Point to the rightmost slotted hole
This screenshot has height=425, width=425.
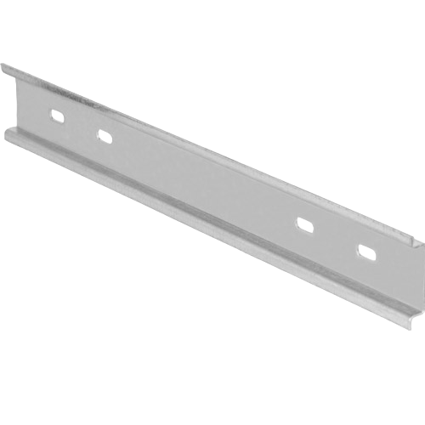point(364,252)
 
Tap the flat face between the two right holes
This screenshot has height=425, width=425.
point(333,239)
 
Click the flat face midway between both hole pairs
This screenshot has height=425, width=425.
point(204,180)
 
